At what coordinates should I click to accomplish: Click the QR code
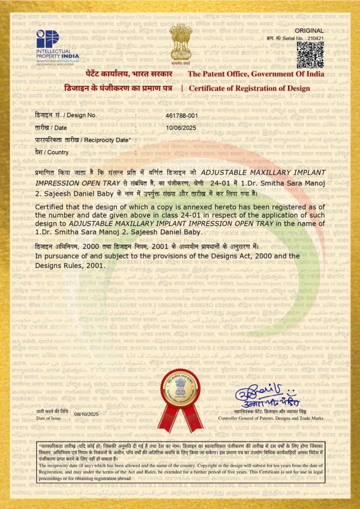pyautogui.click(x=310, y=55)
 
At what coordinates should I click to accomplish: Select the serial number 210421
pyautogui.click(x=315, y=37)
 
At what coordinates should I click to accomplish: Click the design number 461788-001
pyautogui.click(x=181, y=115)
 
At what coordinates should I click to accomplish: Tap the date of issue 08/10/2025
pyautogui.click(x=87, y=414)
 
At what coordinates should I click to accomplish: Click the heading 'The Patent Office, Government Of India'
pyautogui.click(x=256, y=74)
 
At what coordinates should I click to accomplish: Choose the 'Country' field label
pyautogui.click(x=58, y=152)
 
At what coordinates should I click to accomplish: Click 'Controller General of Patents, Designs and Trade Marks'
pyautogui.click(x=271, y=419)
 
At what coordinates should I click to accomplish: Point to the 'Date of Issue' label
pyautogui.click(x=50, y=419)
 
